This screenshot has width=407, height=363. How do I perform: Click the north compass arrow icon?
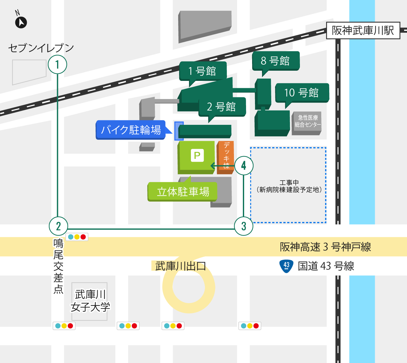click(21, 22)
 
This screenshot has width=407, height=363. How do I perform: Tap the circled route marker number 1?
click(57, 65)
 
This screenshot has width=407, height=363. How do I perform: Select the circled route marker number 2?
click(58, 226)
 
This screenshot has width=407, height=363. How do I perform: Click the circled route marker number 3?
click(243, 226)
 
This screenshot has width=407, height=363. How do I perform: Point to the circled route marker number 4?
click(244, 166)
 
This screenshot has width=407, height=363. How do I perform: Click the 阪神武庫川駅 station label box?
click(363, 31)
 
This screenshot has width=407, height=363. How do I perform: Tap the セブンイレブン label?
click(41, 48)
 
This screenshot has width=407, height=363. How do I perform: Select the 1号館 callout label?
click(203, 71)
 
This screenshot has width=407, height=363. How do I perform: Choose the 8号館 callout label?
click(276, 60)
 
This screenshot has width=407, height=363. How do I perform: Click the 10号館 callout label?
click(302, 93)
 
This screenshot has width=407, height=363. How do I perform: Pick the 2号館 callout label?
click(222, 107)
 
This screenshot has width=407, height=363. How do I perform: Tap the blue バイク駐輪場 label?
click(131, 130)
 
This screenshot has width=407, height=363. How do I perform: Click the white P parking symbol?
click(197, 155)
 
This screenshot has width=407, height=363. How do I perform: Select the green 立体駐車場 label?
click(183, 192)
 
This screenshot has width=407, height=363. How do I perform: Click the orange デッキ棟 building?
click(226, 157)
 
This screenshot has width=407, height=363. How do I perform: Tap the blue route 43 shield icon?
click(286, 266)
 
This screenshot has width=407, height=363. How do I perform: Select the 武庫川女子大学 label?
click(90, 301)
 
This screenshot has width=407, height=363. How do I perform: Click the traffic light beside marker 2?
click(77, 237)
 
